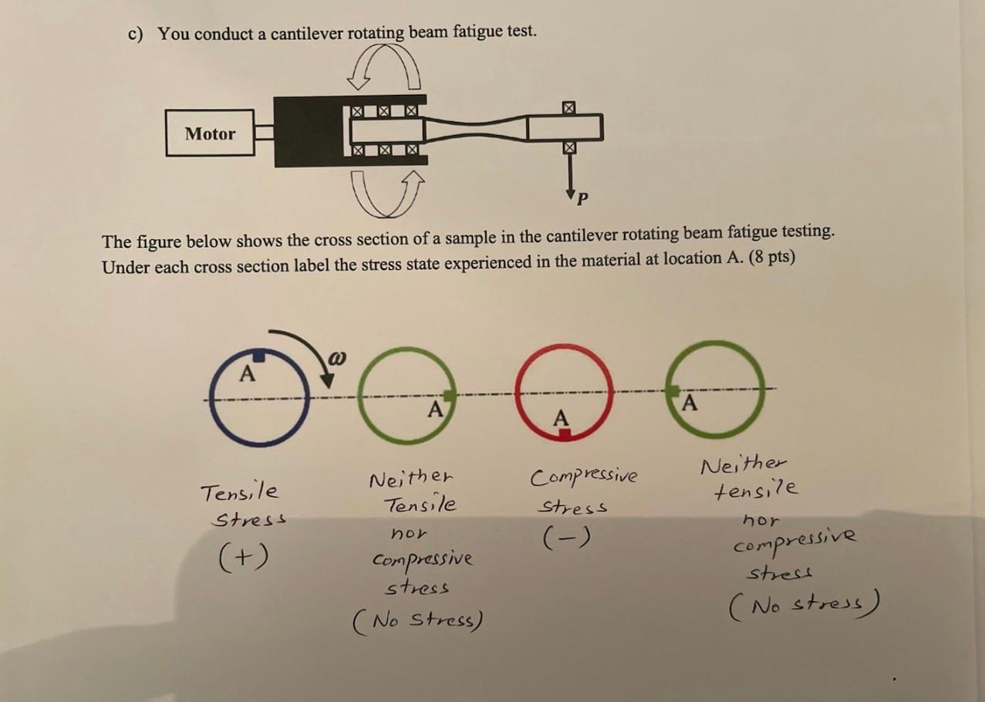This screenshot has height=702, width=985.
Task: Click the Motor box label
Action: click(x=210, y=133)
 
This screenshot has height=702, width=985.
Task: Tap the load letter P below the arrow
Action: click(x=582, y=199)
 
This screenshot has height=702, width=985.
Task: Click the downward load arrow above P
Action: click(x=570, y=173)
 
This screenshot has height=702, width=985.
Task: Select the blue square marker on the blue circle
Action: click(x=259, y=356)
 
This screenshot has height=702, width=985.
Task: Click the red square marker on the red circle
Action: click(x=565, y=436)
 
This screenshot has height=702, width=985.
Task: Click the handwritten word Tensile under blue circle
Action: click(x=239, y=491)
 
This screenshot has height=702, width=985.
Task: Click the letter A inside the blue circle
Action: click(x=246, y=375)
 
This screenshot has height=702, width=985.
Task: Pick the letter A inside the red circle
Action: click(x=562, y=417)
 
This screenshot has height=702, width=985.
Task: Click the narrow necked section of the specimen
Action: click(x=477, y=129)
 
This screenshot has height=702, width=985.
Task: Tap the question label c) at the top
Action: click(x=137, y=35)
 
